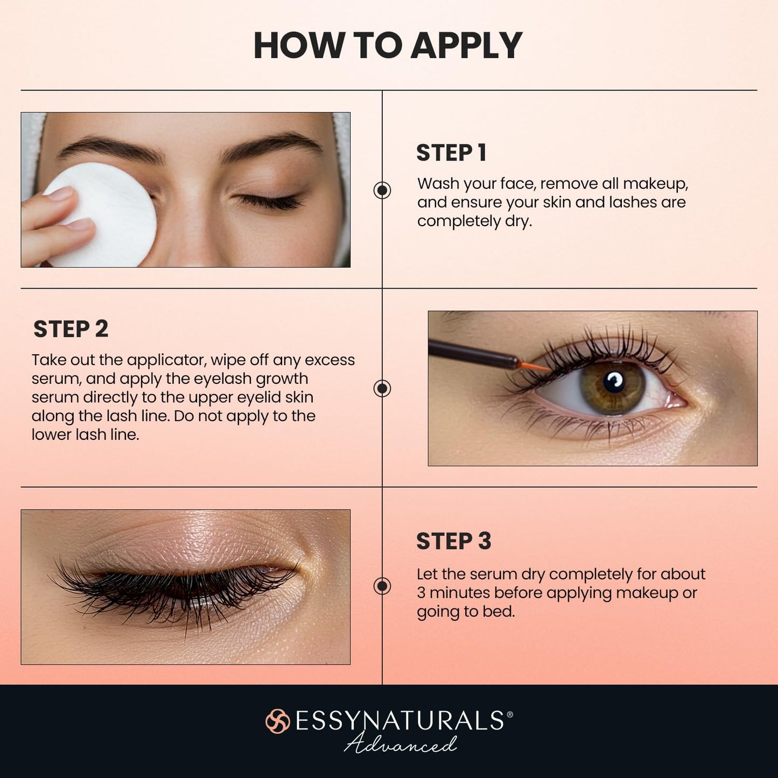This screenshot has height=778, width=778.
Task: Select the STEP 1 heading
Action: [x=451, y=153]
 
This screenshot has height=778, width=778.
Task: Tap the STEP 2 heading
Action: [x=71, y=329]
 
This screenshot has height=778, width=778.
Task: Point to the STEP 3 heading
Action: [x=453, y=541]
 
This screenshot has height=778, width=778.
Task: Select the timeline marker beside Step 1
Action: [x=382, y=190]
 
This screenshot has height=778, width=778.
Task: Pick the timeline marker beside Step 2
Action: [x=382, y=388]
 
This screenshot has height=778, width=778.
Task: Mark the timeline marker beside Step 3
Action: [x=382, y=586]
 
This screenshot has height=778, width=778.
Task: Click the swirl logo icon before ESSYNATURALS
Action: [x=278, y=721]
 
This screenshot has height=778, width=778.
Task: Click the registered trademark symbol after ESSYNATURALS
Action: [x=510, y=714]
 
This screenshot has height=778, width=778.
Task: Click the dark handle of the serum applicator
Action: [x=468, y=353]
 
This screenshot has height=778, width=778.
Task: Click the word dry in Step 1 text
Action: [x=518, y=221]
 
